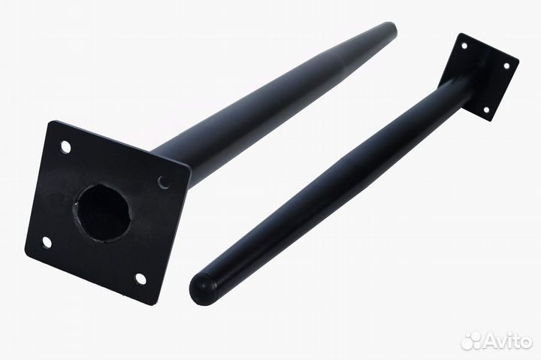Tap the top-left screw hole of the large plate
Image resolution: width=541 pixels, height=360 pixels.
65,147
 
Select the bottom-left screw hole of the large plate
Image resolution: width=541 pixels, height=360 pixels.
47,242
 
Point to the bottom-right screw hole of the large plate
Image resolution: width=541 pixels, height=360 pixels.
141,279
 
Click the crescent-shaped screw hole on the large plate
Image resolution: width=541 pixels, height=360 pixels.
165,182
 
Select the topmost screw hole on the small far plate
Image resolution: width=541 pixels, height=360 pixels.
464,46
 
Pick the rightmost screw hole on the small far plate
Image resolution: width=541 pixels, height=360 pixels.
507,66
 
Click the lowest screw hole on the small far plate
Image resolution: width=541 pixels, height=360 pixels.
486,110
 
